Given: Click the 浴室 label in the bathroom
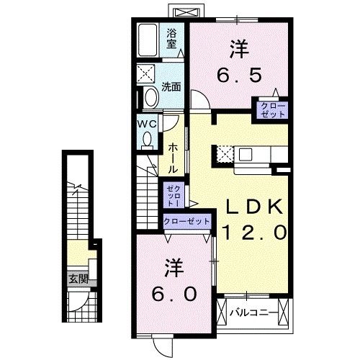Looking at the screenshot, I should tap(172, 38).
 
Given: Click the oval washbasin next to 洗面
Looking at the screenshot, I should tap(150, 97).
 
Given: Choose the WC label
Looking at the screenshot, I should tap(147, 122).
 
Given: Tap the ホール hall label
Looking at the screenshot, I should tap(174, 156).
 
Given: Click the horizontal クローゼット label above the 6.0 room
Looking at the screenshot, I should tap(186, 222).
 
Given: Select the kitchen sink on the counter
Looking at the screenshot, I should tap(246, 154).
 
